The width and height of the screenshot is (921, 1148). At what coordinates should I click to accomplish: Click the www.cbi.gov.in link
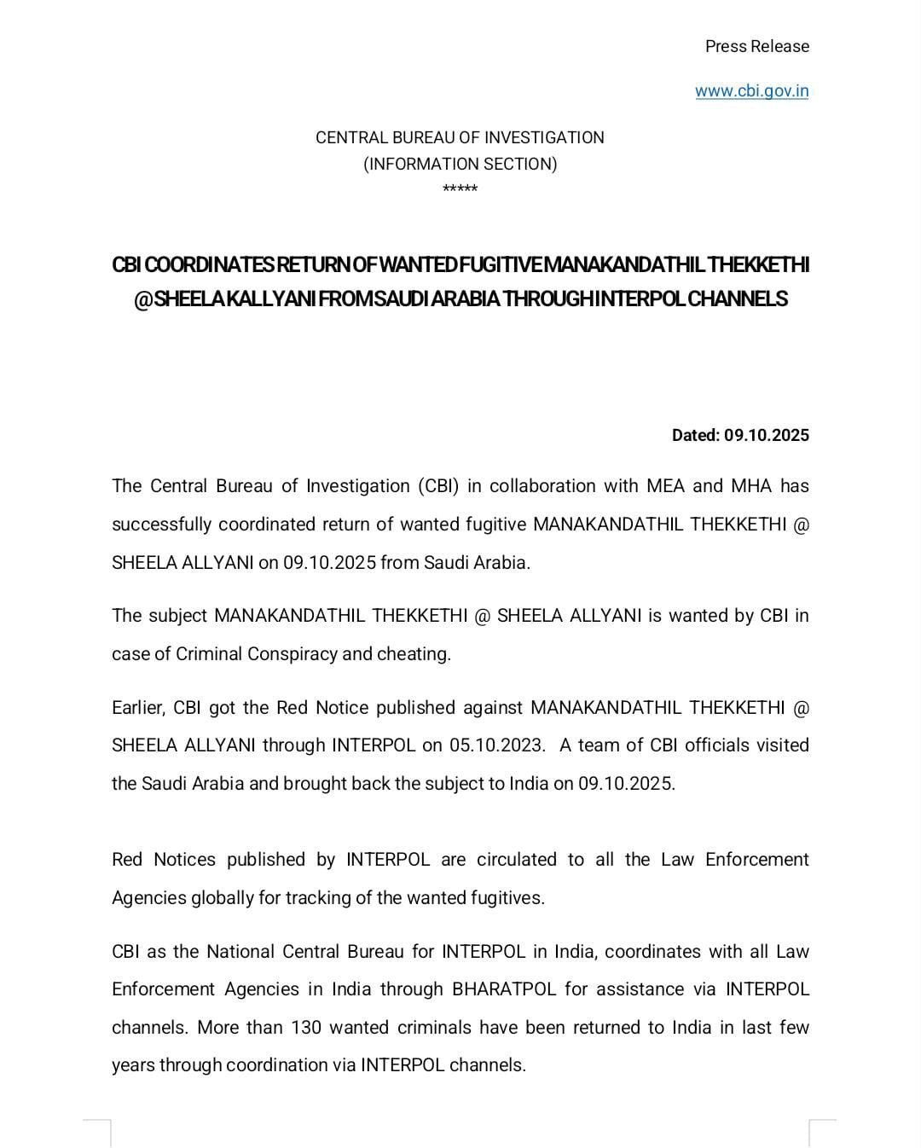click(x=751, y=91)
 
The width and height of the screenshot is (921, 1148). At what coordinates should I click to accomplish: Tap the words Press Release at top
click(x=756, y=46)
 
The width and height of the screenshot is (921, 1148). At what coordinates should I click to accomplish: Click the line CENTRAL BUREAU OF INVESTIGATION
click(x=460, y=137)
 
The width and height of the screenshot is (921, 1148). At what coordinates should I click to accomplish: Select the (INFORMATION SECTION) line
click(x=460, y=164)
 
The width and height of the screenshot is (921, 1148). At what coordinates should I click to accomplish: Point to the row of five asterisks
click(x=460, y=188)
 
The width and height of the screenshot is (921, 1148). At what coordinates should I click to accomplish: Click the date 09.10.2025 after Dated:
click(x=766, y=435)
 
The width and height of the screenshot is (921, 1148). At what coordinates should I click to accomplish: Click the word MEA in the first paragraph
click(x=665, y=486)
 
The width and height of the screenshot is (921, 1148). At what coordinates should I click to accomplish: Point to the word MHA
click(x=750, y=486)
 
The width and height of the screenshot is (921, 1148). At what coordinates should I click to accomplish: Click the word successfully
click(x=160, y=524)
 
